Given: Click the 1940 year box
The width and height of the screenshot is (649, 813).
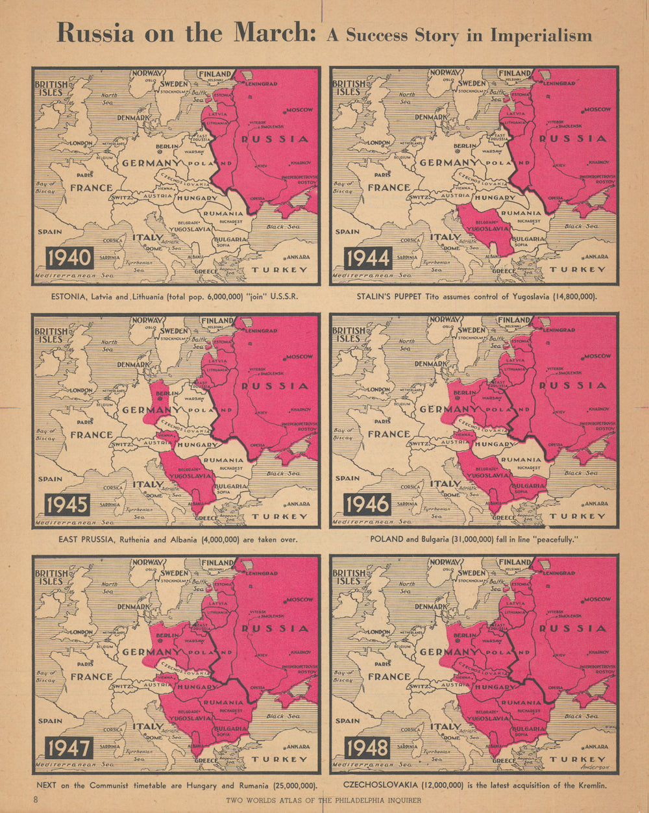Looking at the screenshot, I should tap(69, 258).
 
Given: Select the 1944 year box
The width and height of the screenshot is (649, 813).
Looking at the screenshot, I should tap(367, 258).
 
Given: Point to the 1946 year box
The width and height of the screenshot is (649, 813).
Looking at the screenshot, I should tap(367, 505).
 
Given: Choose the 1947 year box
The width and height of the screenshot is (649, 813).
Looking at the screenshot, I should tap(69, 748).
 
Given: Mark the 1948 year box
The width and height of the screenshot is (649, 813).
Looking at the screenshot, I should tap(367, 748).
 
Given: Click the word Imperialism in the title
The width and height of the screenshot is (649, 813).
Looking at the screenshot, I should tap(541, 34).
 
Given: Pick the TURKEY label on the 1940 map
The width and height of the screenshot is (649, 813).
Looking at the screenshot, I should tap(280, 269).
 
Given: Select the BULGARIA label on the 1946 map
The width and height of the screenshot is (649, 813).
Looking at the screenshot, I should tap(528, 485).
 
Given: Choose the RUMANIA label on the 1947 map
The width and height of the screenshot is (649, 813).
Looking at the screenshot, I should tap(224, 702).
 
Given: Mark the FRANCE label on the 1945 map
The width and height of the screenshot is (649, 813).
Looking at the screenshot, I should tap(92, 434).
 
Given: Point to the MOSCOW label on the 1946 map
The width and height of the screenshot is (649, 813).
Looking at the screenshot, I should tap(597, 356).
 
